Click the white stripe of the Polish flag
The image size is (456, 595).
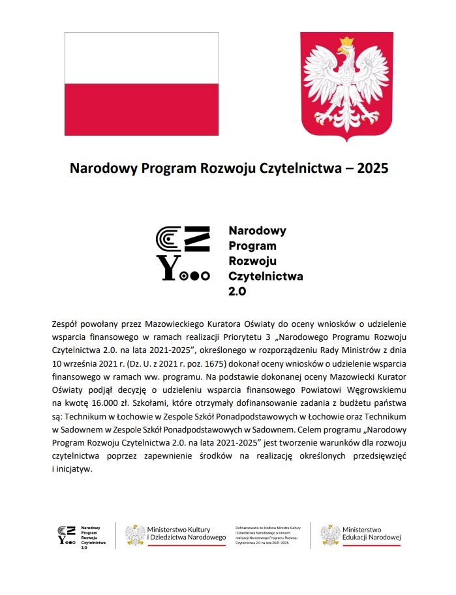141,57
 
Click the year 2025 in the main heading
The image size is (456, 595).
371,168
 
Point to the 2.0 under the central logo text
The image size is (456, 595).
237,292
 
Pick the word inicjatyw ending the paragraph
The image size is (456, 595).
76,468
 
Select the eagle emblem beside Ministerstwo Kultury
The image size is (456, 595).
135,534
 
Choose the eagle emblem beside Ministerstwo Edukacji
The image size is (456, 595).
330,534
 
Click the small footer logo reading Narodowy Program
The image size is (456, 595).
82,534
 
